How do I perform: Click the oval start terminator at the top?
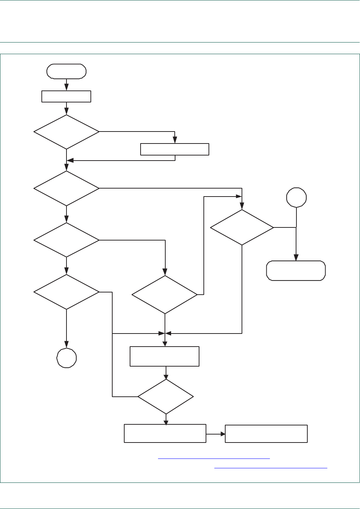point(66,71)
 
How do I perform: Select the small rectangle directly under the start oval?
point(66,96)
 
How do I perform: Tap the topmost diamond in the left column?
point(66,132)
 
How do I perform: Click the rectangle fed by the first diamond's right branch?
point(175,149)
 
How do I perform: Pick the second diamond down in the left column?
point(66,188)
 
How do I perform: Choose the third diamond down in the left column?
point(66,240)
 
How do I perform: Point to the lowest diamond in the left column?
point(66,292)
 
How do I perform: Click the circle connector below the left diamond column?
point(66,358)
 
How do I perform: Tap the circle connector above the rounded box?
point(296,198)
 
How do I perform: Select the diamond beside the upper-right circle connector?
point(242,227)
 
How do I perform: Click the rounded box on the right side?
point(296,271)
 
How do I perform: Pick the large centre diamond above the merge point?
point(165,294)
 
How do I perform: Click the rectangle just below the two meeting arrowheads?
point(165,356)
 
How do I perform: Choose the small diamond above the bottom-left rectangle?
point(166,396)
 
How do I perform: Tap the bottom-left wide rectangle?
point(165,433)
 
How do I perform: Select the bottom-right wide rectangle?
point(266,434)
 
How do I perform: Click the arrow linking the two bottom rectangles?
point(216,434)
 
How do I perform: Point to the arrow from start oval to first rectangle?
point(66,85)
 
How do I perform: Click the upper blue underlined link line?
point(214,459)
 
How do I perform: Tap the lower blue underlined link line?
point(271,468)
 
